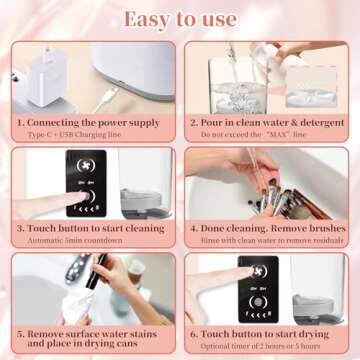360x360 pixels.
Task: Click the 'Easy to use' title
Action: pyautogui.click(x=180, y=19)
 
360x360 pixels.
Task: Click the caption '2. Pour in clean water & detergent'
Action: pyautogui.click(x=267, y=121)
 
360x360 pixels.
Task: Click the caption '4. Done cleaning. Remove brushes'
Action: pyautogui.click(x=267, y=227)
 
